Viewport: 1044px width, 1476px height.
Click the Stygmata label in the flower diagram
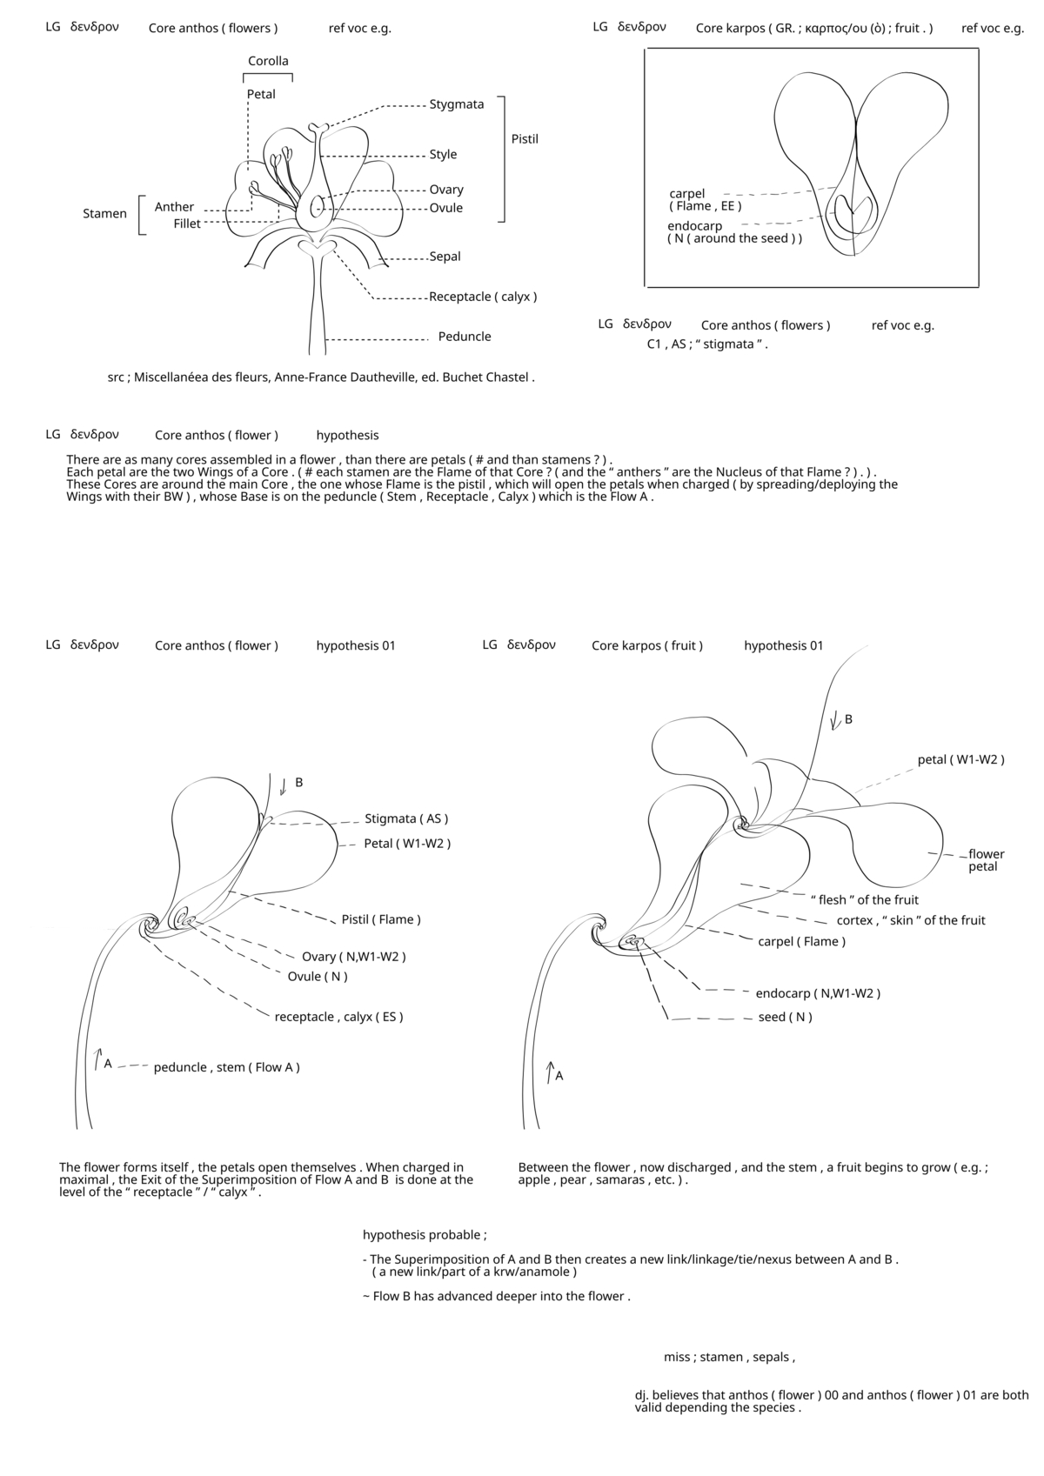coord(456,104)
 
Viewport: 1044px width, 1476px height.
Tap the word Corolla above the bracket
coord(268,61)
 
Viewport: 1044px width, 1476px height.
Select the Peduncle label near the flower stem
coord(465,337)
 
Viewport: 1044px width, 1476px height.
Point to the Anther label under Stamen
coord(174,207)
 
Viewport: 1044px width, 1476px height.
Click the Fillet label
coord(187,224)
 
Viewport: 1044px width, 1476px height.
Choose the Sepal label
coord(445,257)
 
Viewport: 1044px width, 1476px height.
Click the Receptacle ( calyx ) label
coord(483,297)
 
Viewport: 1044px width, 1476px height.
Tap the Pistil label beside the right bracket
coord(525,139)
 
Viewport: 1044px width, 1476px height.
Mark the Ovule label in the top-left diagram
coord(445,208)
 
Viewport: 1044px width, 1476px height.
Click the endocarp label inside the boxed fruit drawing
coord(695,226)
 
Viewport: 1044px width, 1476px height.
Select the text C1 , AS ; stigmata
coord(707,344)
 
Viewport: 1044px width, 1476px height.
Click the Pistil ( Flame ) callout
coord(381,919)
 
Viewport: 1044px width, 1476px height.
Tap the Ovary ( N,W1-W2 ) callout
coord(353,957)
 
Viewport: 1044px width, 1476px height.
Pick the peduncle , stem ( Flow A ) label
coord(226,1067)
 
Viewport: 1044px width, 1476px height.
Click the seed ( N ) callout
coord(785,1017)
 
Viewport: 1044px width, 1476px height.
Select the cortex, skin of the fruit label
coord(911,920)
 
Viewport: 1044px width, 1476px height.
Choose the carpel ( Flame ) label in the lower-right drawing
coord(801,941)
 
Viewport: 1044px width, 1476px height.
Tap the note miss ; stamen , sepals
coord(729,1357)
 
